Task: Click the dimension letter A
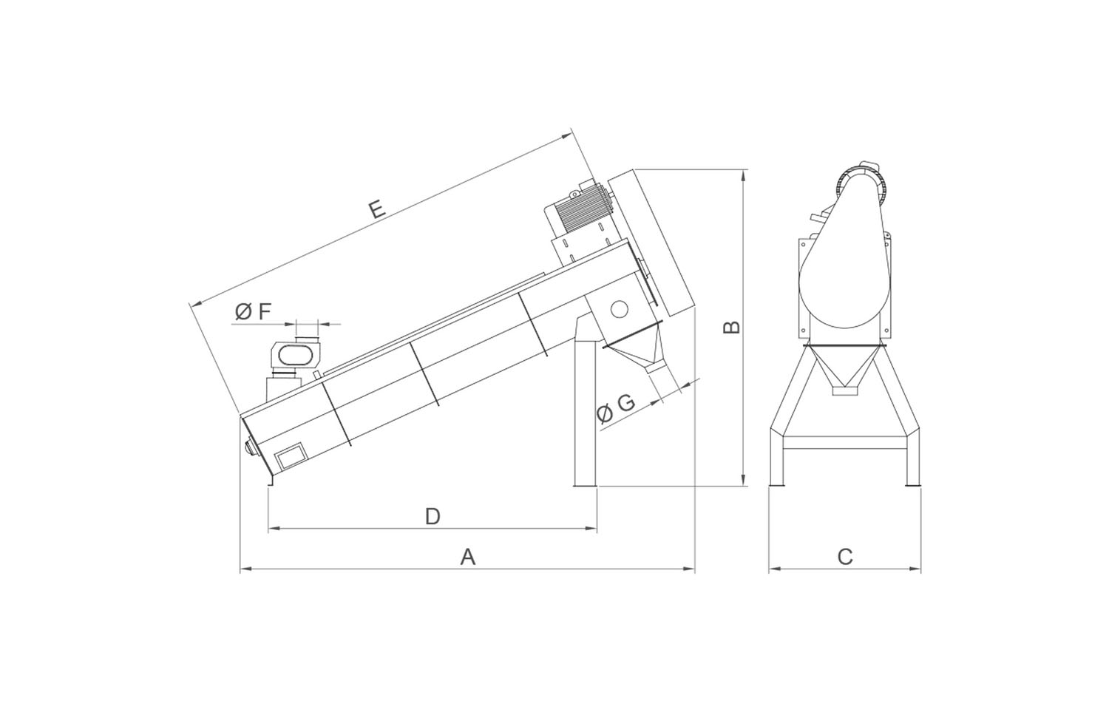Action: pos(468,557)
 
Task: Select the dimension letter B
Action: pos(732,328)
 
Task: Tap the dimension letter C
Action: pos(845,557)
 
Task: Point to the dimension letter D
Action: pos(433,516)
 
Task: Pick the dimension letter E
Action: pos(377,209)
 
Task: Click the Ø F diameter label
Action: pos(253,312)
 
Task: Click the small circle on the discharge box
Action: pos(619,309)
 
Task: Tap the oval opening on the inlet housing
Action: pos(296,355)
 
